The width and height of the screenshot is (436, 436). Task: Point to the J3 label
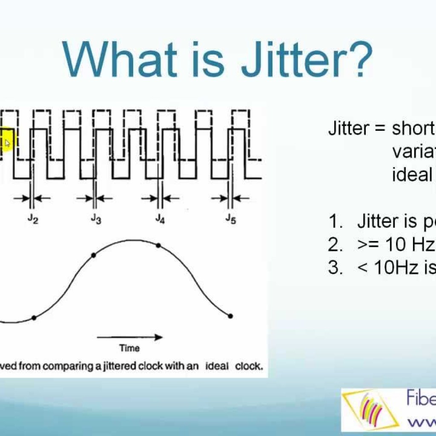(x=96, y=218)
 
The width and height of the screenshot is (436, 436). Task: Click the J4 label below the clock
(x=160, y=219)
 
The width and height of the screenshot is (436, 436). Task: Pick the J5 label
(x=230, y=219)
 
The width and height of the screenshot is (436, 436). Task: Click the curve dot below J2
(x=34, y=318)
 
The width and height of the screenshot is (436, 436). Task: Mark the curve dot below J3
(x=94, y=255)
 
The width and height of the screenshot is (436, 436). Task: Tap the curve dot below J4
(x=158, y=245)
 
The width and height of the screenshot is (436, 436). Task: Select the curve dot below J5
(x=230, y=316)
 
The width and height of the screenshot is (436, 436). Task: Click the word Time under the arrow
(x=129, y=348)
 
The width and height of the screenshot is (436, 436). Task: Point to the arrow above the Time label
(x=129, y=337)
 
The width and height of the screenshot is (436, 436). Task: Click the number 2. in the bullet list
(x=335, y=245)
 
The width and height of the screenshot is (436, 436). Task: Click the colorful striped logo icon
(x=370, y=410)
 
